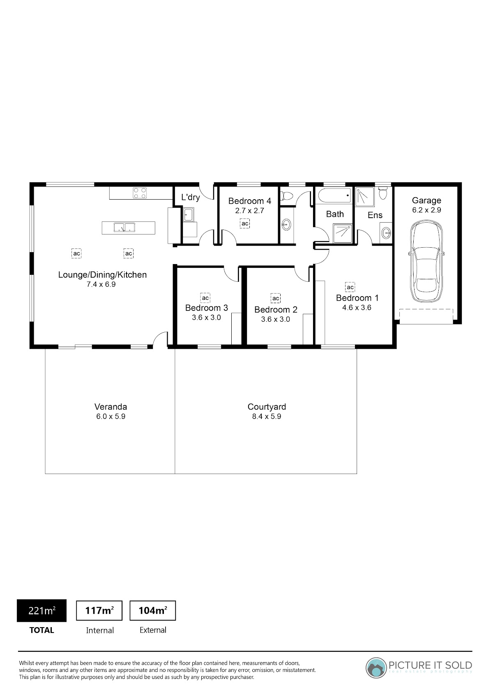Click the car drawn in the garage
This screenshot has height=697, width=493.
(426, 261)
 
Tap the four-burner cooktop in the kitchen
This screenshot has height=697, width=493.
(140, 193)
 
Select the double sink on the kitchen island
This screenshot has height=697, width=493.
(124, 228)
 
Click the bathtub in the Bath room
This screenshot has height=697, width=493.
(334, 196)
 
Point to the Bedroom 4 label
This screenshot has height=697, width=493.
(250, 201)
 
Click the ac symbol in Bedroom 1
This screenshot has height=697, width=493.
(350, 287)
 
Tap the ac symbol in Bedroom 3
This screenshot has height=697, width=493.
(205, 298)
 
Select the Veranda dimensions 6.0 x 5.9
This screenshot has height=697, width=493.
(111, 416)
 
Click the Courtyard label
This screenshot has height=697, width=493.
(267, 407)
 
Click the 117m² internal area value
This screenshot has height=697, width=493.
(99, 610)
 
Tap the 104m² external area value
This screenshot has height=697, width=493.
(152, 610)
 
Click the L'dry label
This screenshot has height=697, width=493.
(191, 197)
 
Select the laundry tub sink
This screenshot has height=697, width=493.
(188, 215)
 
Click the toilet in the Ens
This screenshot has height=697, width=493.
(383, 193)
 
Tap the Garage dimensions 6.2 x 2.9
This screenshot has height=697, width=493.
(426, 210)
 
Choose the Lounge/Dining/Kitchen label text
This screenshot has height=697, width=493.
(102, 275)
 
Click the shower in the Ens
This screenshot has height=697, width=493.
(364, 197)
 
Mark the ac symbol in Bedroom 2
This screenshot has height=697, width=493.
(276, 299)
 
